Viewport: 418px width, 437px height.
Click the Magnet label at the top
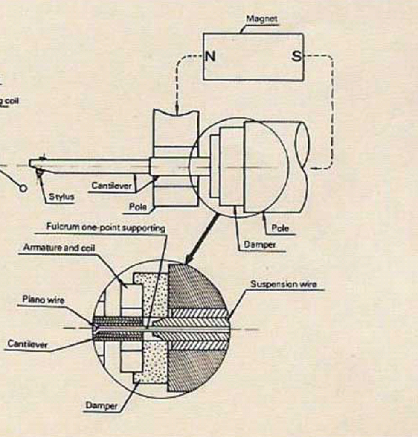(262, 19)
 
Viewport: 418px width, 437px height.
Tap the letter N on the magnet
(210, 56)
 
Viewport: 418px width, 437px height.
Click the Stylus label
(61, 197)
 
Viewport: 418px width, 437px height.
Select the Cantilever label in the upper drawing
(111, 186)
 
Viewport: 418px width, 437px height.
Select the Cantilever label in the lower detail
(27, 344)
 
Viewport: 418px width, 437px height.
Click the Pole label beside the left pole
(137, 207)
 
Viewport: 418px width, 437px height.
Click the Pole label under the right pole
(280, 228)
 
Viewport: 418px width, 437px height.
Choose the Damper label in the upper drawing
(259, 245)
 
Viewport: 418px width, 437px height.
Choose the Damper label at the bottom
(101, 405)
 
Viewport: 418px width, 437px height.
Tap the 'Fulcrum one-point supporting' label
(105, 228)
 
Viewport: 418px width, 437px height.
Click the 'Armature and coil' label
(59, 248)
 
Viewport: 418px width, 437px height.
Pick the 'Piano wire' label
(43, 300)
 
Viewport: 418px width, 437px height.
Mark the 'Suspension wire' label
(283, 284)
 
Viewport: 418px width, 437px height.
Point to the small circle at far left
(23, 188)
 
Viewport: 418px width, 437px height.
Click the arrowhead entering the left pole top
(176, 110)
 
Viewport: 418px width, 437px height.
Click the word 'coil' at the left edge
(11, 101)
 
